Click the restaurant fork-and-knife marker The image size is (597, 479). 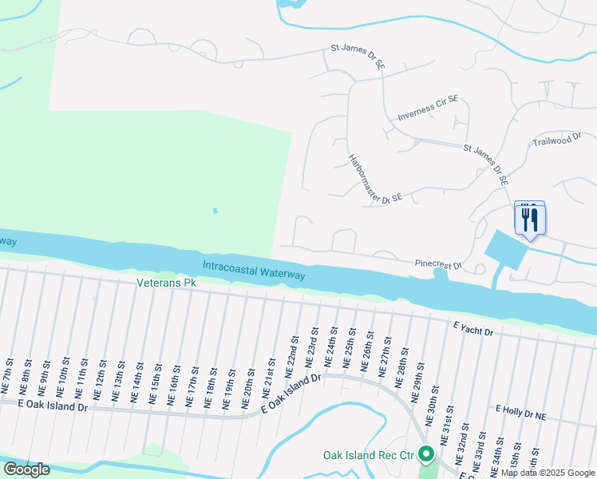530,220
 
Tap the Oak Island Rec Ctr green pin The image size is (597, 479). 426,454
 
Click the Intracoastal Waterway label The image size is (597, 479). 254,270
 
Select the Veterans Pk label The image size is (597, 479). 166,283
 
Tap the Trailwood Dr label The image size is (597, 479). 556,141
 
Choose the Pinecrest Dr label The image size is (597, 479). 438,263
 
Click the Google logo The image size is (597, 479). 26,469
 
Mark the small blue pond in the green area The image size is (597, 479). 214,212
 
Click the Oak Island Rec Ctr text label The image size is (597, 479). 370,455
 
